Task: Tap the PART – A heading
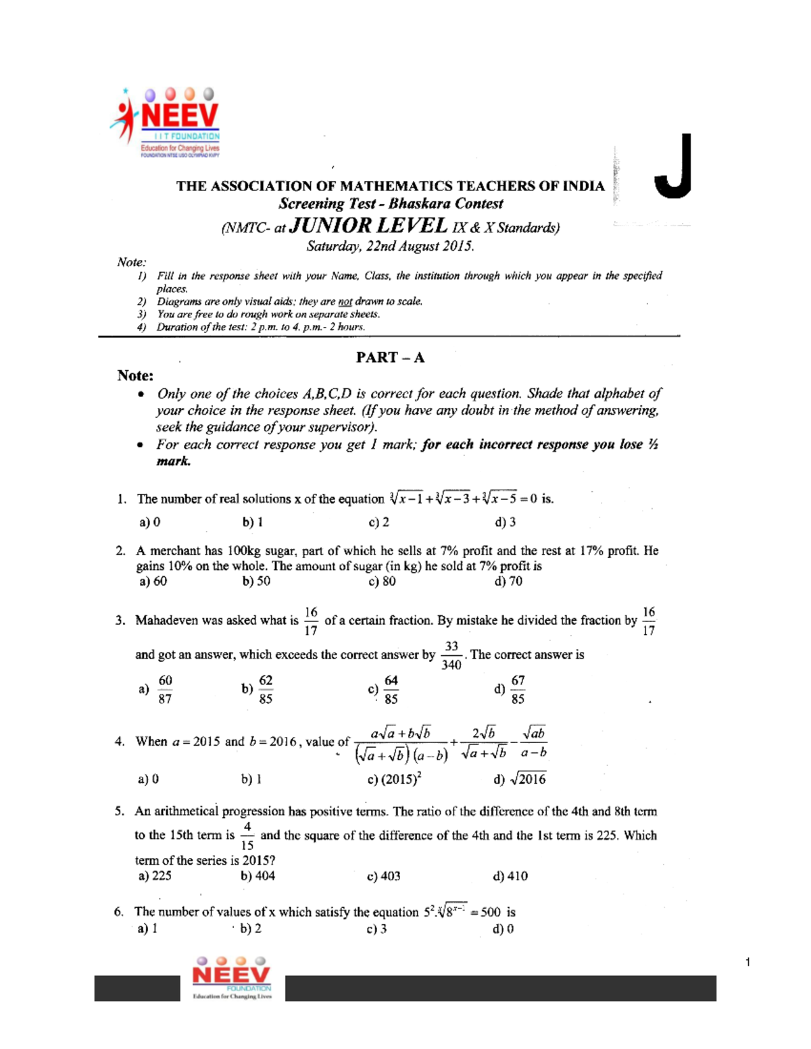pyautogui.click(x=390, y=357)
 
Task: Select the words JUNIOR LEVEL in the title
pyautogui.click(x=368, y=226)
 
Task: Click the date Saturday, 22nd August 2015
pyautogui.click(x=390, y=246)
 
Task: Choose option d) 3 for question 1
pyautogui.click(x=505, y=521)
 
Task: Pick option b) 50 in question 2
pyautogui.click(x=256, y=581)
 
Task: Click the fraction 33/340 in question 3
pyautogui.click(x=451, y=655)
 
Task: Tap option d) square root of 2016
pyautogui.click(x=520, y=779)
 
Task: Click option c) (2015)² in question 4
pyautogui.click(x=394, y=779)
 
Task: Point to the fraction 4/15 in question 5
pyautogui.click(x=247, y=836)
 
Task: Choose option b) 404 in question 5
pyautogui.click(x=257, y=876)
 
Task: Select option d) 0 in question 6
pyautogui.click(x=503, y=929)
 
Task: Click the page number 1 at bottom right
pyautogui.click(x=748, y=962)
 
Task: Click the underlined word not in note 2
pyautogui.click(x=345, y=301)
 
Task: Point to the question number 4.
pyautogui.click(x=120, y=742)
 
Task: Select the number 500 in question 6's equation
pyautogui.click(x=491, y=912)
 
